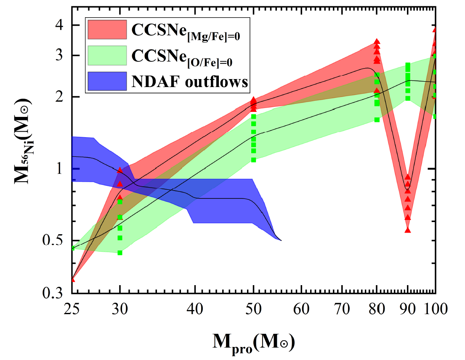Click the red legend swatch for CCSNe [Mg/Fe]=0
tap(107, 29)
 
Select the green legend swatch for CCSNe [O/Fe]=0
tap(107, 55)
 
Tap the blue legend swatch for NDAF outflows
tap(107, 81)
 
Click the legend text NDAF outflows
tap(190, 82)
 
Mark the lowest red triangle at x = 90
tap(407, 230)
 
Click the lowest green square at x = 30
tap(120, 253)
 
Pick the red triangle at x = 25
tap(73, 279)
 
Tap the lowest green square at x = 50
tap(253, 160)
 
